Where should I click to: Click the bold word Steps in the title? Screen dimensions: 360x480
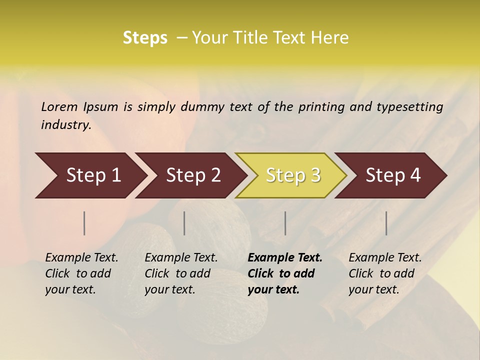point(145,38)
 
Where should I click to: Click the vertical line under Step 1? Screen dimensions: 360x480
point(84,223)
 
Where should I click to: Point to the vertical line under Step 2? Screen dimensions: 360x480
point(184,223)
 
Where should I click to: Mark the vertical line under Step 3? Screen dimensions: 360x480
point(285,223)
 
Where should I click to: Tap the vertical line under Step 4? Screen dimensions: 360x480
point(386,223)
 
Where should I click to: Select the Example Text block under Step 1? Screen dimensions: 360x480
point(81,273)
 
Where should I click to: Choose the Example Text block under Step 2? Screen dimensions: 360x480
point(181,273)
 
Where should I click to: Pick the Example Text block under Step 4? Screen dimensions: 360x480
point(385,273)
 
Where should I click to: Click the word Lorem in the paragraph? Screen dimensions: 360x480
point(59,106)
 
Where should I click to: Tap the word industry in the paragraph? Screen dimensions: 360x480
point(66,125)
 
